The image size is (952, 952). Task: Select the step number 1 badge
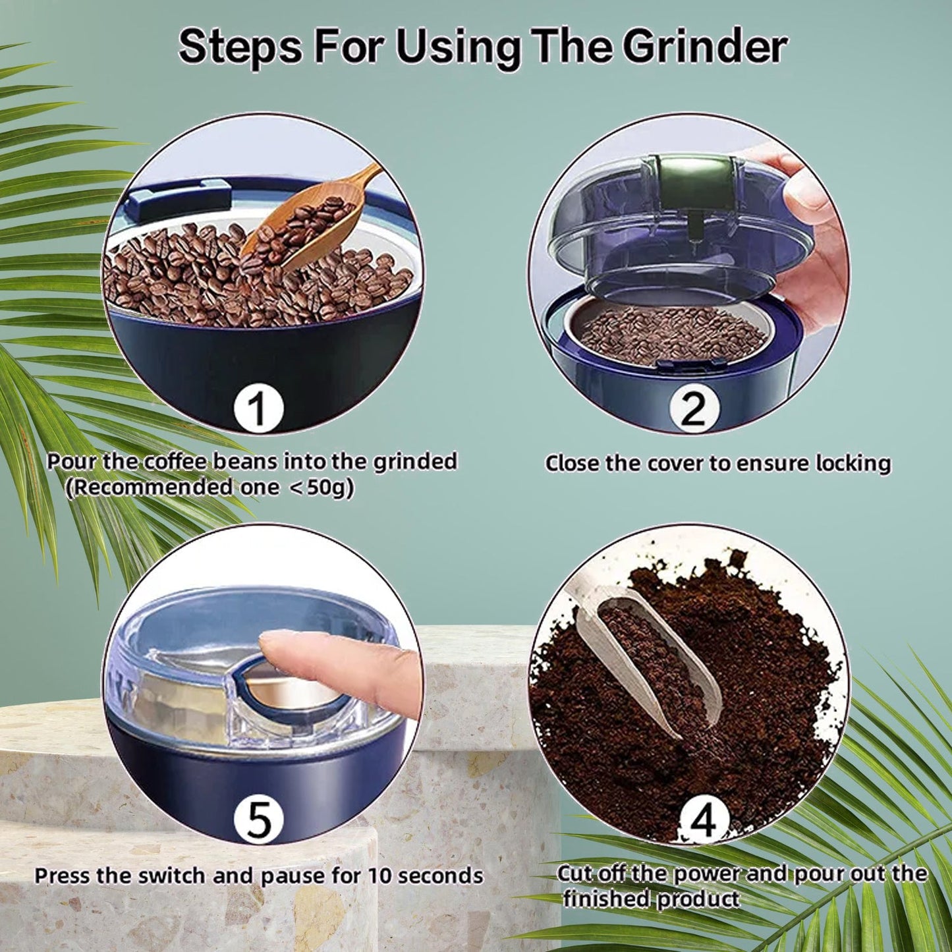[x=259, y=408]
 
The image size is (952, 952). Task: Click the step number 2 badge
[x=693, y=408]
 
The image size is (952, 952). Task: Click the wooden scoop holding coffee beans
[x=310, y=224]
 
